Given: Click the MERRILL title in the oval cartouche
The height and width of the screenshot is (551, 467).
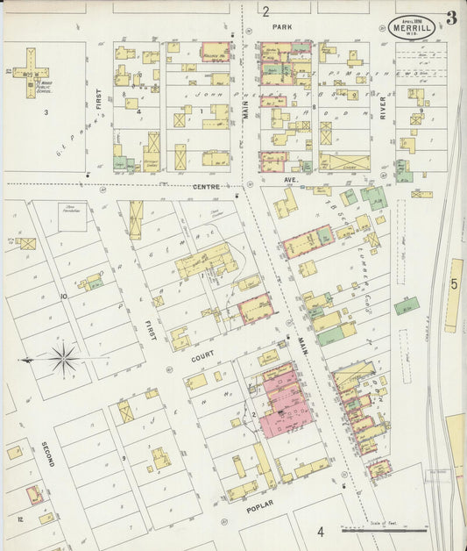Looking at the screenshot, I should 411,29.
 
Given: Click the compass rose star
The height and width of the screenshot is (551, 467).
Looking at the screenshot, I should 62,358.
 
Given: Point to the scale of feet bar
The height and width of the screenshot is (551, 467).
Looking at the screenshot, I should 384,529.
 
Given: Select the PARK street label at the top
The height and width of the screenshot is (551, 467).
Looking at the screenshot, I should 281,27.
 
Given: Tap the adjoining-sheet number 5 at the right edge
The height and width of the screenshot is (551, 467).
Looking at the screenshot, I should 454,283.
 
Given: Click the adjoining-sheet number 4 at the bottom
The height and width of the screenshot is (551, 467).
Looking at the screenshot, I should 321,531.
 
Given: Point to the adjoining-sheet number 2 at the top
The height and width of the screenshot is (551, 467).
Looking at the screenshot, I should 265,11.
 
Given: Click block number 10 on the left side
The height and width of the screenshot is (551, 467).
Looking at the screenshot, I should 64,297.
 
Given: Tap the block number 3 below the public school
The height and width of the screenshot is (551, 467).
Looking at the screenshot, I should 46,112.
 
